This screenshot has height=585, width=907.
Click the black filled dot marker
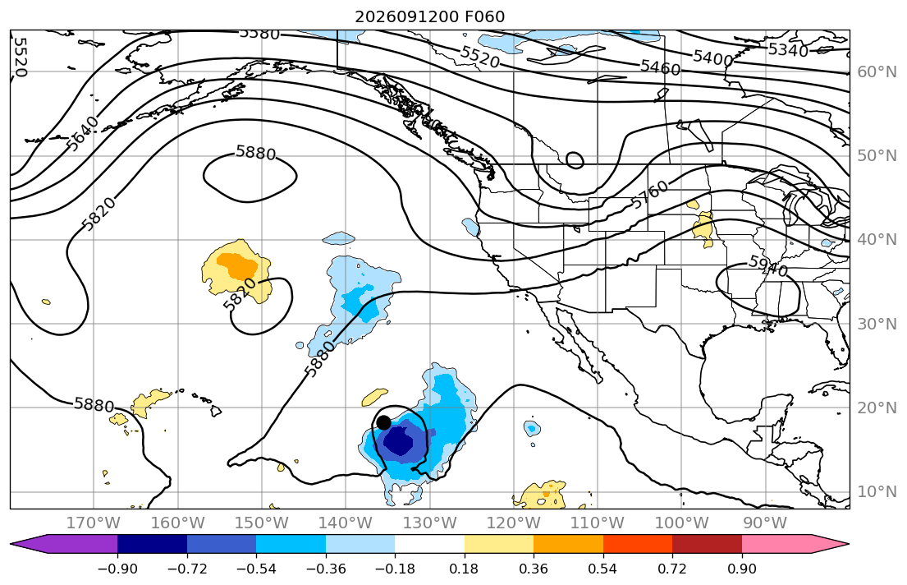tap(383, 422)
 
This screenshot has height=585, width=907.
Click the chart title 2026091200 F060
tap(430, 16)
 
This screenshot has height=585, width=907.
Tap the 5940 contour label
tap(768, 266)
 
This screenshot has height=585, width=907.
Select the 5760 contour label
tap(649, 195)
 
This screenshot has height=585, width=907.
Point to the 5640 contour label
tap(82, 133)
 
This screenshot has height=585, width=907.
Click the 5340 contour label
tap(788, 50)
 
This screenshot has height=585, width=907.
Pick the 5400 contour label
tap(712, 57)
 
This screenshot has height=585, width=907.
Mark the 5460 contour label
tap(660, 67)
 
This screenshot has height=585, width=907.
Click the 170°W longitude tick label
tap(94, 523)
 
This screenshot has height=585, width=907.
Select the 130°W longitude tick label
tap(430, 523)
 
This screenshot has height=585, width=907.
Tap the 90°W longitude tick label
tap(765, 523)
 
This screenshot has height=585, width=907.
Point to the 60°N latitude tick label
tap(877, 71)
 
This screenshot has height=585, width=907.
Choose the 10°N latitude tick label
tap(877, 492)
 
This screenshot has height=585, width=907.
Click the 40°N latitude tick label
tap(877, 240)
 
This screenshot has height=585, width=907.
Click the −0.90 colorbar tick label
tap(117, 569)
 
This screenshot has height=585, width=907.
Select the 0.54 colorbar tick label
tap(602, 569)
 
